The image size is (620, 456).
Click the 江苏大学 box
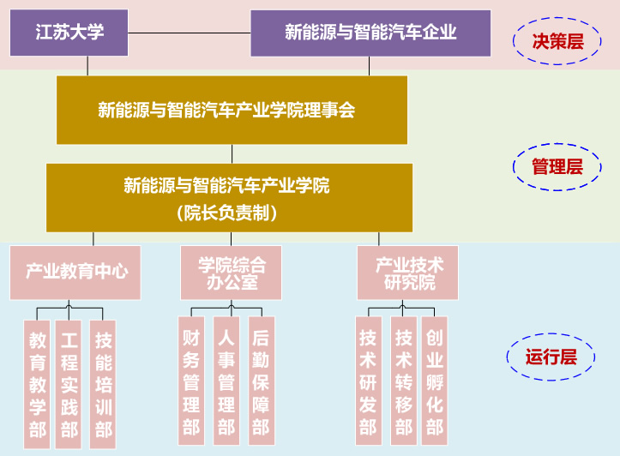[69, 33]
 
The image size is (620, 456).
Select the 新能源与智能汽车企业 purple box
[370, 33]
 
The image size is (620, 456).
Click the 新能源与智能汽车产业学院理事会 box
[232, 110]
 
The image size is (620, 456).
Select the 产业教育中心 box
[75, 273]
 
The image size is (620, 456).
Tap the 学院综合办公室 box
[231, 273]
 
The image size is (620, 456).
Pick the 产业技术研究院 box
[408, 273]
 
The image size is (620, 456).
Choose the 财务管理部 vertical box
[191, 381]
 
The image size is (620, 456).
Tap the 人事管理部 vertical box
[226, 381]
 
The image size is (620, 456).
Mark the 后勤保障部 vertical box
[261, 381]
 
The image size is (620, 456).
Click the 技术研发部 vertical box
[368, 381]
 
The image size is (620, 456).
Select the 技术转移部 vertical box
[403, 381]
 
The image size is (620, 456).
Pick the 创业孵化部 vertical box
[435, 381]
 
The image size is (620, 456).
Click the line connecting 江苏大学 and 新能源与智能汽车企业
[189, 33]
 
